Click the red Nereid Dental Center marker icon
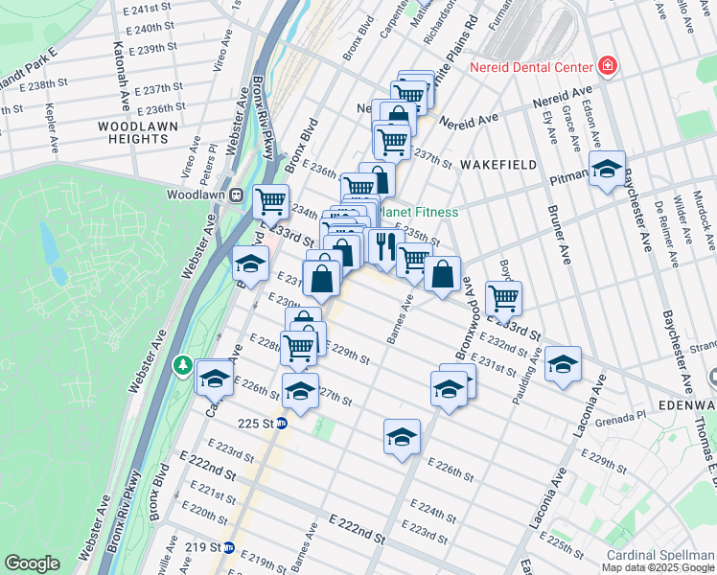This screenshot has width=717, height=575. click(x=606, y=66)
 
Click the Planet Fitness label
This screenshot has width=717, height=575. click(x=420, y=212)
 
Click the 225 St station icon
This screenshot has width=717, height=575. click(x=282, y=423)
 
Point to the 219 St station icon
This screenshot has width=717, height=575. click(x=229, y=548)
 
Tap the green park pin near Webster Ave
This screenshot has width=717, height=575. click(x=182, y=366)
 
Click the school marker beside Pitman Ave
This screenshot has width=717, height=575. click(x=606, y=171)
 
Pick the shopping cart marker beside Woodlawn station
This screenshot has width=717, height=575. click(x=271, y=201)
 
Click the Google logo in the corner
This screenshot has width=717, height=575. click(x=33, y=563)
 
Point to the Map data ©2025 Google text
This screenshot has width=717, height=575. click(x=658, y=567)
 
